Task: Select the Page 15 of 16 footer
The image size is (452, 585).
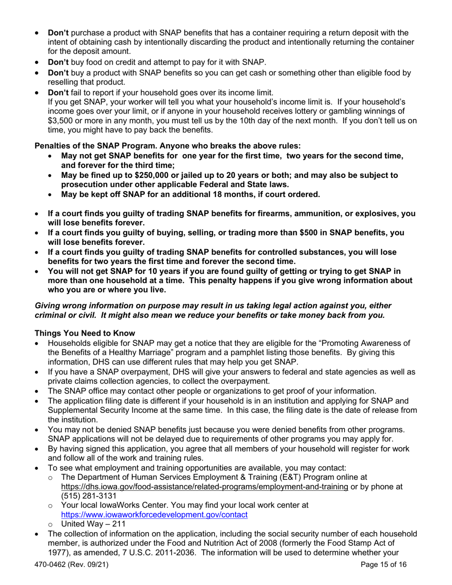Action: [383, 565]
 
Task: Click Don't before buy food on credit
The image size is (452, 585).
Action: [58, 62]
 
